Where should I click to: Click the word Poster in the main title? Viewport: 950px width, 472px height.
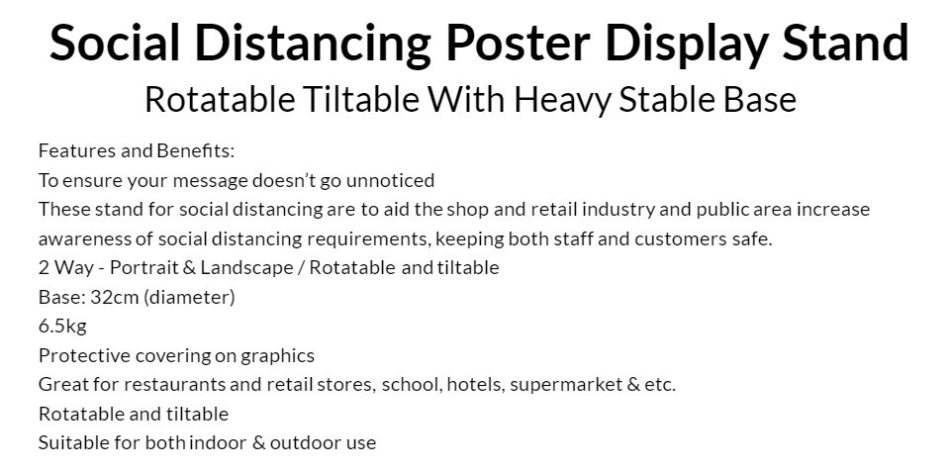518,43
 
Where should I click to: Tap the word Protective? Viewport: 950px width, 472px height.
84,355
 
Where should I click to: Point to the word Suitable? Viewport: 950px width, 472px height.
73,443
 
